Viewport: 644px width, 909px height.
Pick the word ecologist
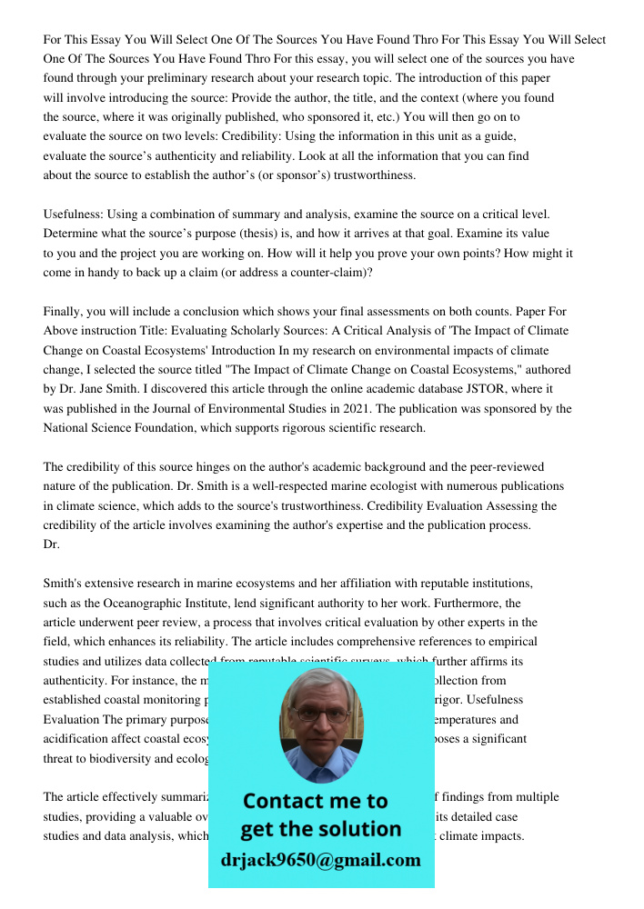pyautogui.click(x=350, y=486)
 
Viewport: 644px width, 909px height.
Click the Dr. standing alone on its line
pyautogui.click(x=51, y=544)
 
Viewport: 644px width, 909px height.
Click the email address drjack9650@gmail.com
pyautogui.click(x=321, y=860)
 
